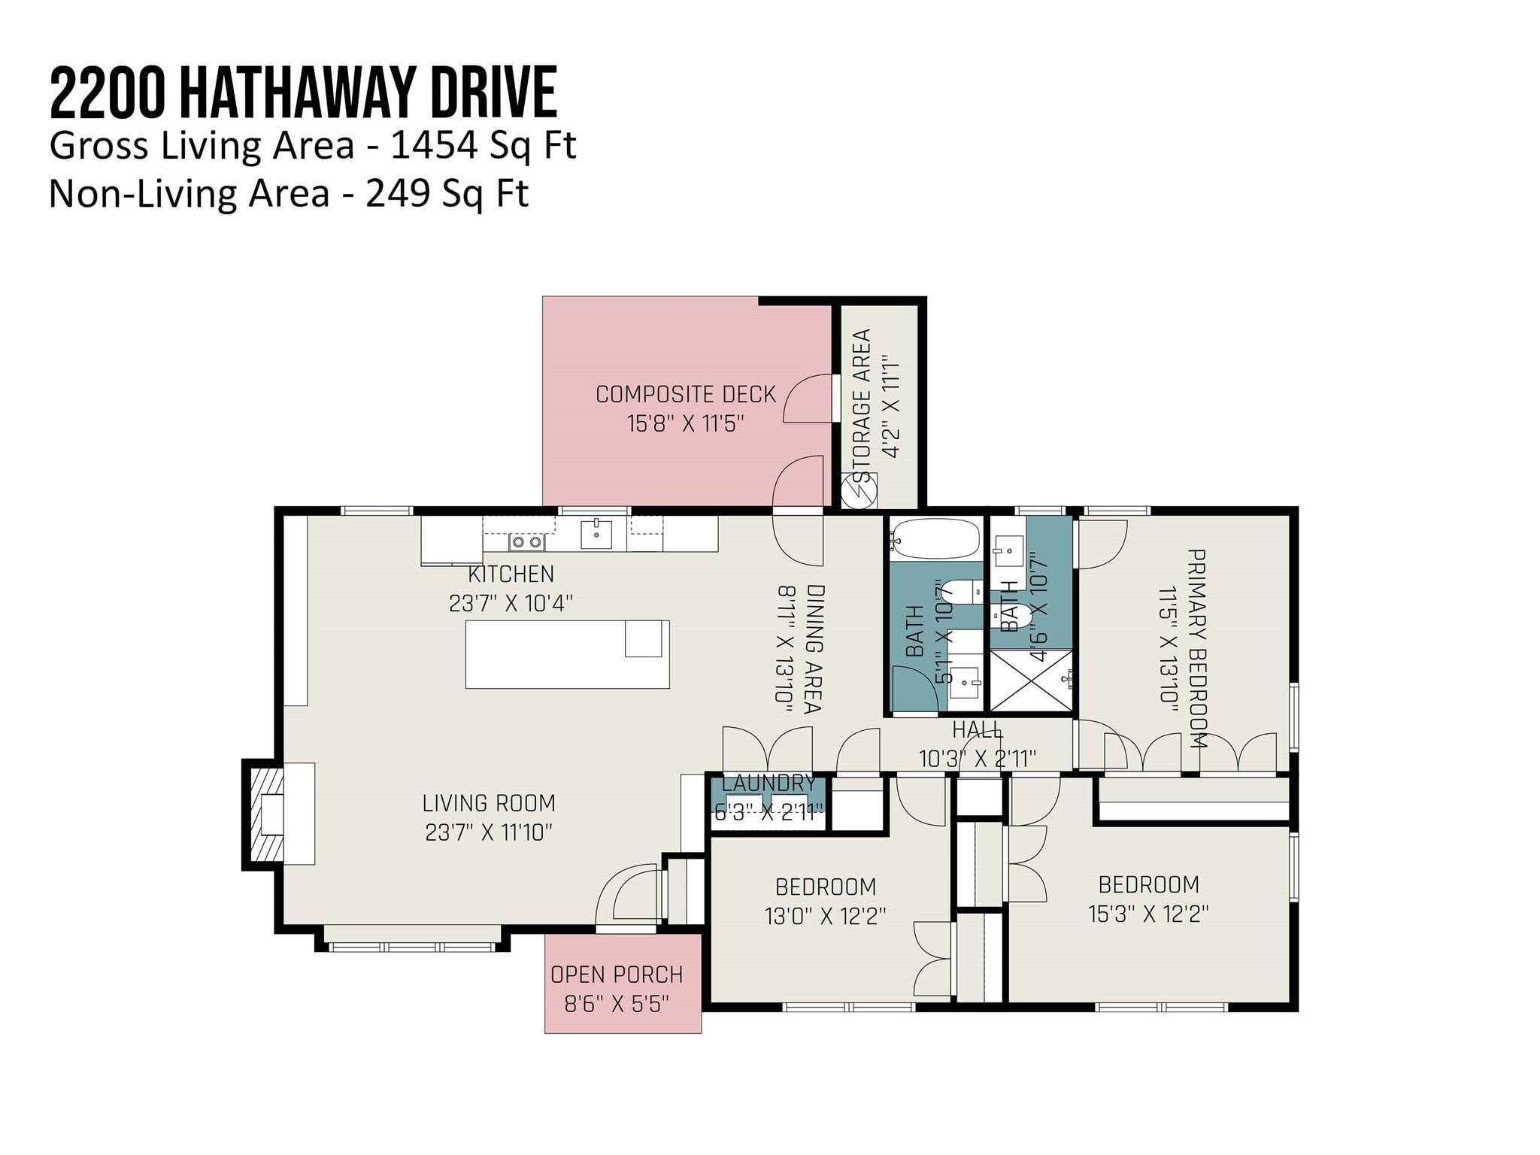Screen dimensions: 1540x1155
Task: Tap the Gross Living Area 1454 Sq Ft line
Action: (312, 146)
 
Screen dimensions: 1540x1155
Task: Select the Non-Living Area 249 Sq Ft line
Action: (289, 194)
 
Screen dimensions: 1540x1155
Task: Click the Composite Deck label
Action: (685, 394)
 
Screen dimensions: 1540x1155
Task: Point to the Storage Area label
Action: (862, 405)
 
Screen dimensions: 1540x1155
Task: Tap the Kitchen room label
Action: (511, 574)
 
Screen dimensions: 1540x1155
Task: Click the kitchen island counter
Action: (567, 654)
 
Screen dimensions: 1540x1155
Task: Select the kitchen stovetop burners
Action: (526, 541)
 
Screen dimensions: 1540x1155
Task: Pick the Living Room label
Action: (489, 803)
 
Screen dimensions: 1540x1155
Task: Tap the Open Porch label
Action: (617, 975)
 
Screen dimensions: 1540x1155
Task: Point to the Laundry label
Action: (768, 784)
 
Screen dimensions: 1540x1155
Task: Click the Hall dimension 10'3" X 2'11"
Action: (978, 759)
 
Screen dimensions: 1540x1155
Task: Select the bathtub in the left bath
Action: (935, 538)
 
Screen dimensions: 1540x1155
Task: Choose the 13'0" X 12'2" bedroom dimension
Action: (826, 917)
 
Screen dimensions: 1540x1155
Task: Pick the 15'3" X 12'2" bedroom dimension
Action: (1148, 914)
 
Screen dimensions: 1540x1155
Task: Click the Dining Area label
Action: (813, 648)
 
